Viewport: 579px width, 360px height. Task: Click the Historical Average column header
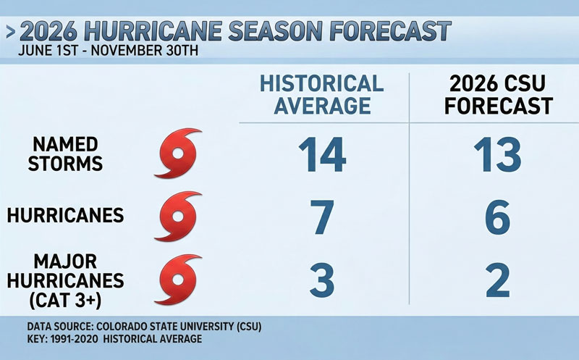[x=322, y=93]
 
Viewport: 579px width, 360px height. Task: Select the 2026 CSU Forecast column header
[x=499, y=93]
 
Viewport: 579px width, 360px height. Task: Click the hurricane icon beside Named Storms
[x=177, y=154]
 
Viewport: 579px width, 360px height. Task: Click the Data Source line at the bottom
[x=144, y=327]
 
